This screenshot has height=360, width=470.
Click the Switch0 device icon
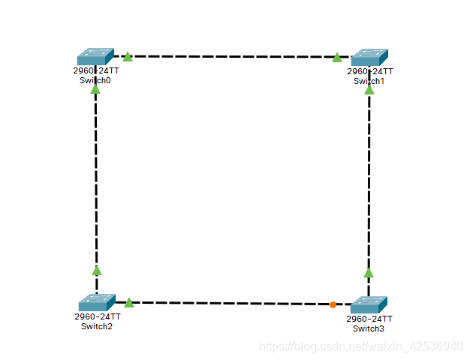[x=95, y=57]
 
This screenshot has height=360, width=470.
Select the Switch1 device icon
[x=369, y=57]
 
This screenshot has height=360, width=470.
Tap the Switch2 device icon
[x=97, y=302]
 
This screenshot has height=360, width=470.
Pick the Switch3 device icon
[x=369, y=304]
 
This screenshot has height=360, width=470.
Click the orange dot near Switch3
[x=333, y=304]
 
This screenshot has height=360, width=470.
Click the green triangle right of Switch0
[x=128, y=57]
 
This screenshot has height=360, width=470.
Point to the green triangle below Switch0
[x=95, y=89]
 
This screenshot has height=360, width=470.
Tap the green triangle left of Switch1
[x=337, y=57]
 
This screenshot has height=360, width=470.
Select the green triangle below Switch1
[x=369, y=89]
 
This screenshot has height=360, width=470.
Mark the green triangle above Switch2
[x=96, y=270]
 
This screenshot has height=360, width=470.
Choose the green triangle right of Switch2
[x=129, y=302]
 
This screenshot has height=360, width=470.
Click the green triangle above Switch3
[x=368, y=272]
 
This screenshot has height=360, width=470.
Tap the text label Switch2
[x=97, y=326]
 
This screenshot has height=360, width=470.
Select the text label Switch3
[x=369, y=328]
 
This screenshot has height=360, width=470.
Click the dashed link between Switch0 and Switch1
[x=233, y=56]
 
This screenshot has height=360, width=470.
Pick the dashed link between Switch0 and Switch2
[x=96, y=180]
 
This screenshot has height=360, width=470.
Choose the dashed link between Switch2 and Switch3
[x=233, y=303]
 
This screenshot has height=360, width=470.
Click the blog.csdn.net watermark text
[x=360, y=346]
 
